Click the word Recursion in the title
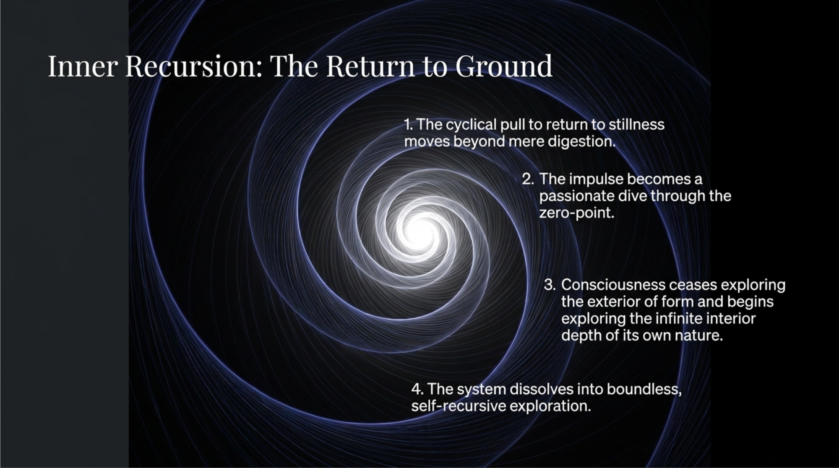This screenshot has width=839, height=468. [190, 66]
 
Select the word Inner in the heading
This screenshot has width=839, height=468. [82, 66]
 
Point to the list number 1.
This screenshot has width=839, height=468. [408, 125]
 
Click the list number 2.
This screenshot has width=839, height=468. [528, 179]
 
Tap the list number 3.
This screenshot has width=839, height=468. [550, 285]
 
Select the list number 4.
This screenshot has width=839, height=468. [417, 389]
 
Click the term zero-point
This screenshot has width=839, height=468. [576, 213]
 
